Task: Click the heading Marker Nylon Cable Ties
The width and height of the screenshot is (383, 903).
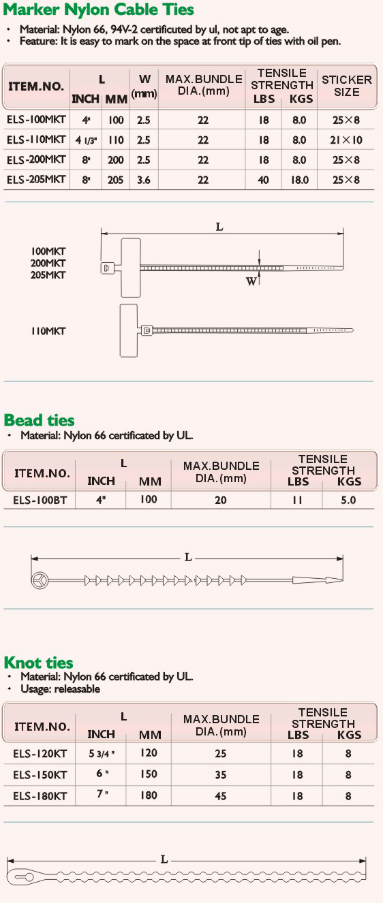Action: tap(98, 10)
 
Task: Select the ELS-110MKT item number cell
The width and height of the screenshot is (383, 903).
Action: tap(36, 140)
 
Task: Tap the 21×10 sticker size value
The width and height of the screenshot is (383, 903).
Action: tap(346, 140)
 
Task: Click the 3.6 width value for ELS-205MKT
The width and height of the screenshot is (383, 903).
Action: tap(144, 180)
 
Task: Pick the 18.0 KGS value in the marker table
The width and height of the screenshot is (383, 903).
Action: tap(299, 180)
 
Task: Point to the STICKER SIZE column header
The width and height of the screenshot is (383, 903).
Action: tap(347, 86)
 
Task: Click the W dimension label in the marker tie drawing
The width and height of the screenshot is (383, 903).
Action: tap(251, 281)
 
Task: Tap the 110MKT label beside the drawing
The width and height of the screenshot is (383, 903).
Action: tap(48, 332)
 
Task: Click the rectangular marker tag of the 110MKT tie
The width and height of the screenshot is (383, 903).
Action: tap(129, 330)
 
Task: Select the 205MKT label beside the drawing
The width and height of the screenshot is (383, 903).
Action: tap(48, 275)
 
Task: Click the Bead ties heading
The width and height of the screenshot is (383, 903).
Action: tap(39, 420)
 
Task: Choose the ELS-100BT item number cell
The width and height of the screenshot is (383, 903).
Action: tap(40, 501)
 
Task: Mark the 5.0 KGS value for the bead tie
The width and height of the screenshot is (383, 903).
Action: tap(348, 501)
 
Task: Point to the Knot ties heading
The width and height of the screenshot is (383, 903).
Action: tap(38, 663)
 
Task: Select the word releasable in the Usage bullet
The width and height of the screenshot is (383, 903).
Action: tap(77, 689)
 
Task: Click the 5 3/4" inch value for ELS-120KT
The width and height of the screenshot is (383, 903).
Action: tap(102, 753)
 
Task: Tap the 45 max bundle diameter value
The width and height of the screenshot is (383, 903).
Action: tap(220, 796)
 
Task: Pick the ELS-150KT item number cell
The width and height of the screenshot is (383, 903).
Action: tap(40, 775)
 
